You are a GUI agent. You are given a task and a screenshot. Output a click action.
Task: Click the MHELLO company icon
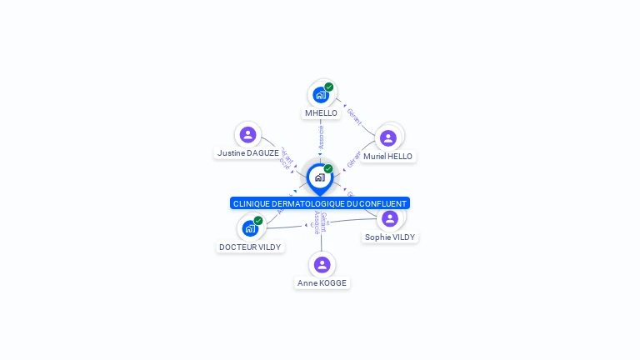point(321,95)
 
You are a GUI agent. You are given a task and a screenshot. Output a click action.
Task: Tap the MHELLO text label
point(321,113)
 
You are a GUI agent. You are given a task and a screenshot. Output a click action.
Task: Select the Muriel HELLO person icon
point(387,137)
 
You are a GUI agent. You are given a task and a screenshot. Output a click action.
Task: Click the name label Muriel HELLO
point(387,157)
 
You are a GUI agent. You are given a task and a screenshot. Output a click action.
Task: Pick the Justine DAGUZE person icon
point(247,134)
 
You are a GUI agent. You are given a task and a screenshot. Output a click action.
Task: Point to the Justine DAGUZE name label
point(248,153)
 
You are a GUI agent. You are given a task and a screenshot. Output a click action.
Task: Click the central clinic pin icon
point(319,177)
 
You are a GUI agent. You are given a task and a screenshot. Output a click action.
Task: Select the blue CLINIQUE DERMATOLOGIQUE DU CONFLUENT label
point(320,203)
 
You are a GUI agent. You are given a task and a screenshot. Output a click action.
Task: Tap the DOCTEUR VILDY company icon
point(250,228)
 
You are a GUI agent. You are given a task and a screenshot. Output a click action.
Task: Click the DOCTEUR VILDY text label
point(250,247)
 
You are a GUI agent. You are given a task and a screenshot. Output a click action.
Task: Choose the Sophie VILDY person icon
point(389,218)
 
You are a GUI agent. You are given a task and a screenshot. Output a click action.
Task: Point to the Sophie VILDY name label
point(390,237)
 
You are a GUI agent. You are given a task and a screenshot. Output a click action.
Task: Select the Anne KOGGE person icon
point(322,264)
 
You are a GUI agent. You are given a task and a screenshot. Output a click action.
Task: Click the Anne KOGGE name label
point(322,283)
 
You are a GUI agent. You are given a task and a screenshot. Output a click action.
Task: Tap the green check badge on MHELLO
point(329,87)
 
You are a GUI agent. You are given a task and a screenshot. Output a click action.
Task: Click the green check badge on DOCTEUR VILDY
point(258,221)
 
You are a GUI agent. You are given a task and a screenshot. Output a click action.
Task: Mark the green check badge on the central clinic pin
point(328,169)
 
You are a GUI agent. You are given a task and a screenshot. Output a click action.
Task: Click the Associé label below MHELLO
point(321,137)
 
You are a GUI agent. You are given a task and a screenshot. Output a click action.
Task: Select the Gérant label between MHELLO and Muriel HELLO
point(354,117)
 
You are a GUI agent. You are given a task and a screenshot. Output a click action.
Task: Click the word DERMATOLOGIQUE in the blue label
point(312,203)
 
